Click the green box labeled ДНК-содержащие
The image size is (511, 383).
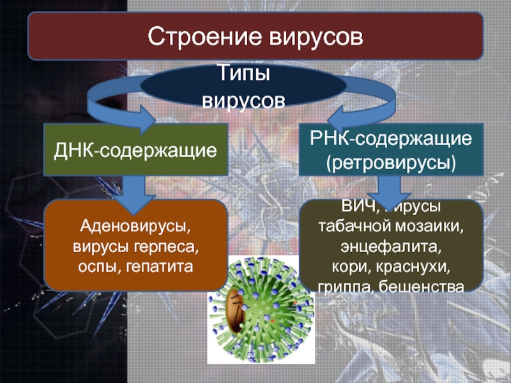coord(135,150)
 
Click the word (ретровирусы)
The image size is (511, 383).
coord(392,162)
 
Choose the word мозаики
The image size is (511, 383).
coord(433,227)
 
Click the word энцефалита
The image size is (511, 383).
coord(392,246)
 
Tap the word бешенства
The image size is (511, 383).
coord(421,285)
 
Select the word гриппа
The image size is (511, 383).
coord(346,285)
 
